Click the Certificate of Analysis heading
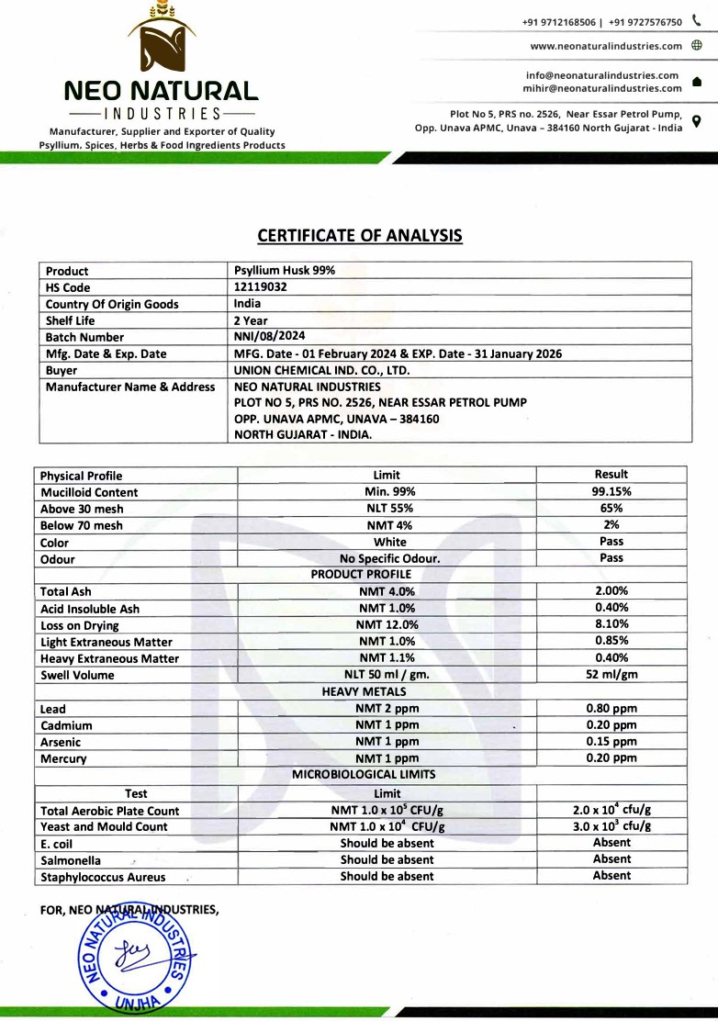coord(359,236)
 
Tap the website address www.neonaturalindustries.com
coord(606,46)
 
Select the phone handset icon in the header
coord(696,21)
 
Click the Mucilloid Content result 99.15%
coord(611,492)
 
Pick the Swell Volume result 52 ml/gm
coord(611,675)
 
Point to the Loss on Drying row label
coord(80,625)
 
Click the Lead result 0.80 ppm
coord(611,709)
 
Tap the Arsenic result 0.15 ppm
coord(611,742)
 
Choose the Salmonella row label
coord(71,860)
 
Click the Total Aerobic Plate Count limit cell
coord(387,811)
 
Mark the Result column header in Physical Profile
coord(611,475)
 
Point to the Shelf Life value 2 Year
coord(251,320)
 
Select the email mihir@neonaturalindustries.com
coord(602,88)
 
